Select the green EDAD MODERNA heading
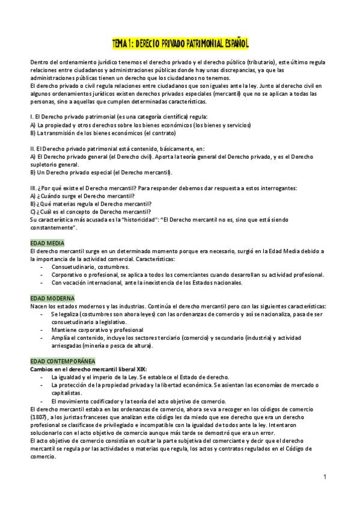(x=52, y=298)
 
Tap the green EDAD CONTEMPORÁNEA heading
(x=62, y=361)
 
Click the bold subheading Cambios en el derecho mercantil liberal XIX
(x=88, y=369)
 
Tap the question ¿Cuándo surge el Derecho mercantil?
(x=82, y=196)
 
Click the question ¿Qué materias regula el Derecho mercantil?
(x=87, y=204)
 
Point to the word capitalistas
(x=69, y=392)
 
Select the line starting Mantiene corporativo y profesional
(x=97, y=330)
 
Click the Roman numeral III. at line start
(x=34, y=188)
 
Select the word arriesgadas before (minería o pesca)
(x=69, y=345)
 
